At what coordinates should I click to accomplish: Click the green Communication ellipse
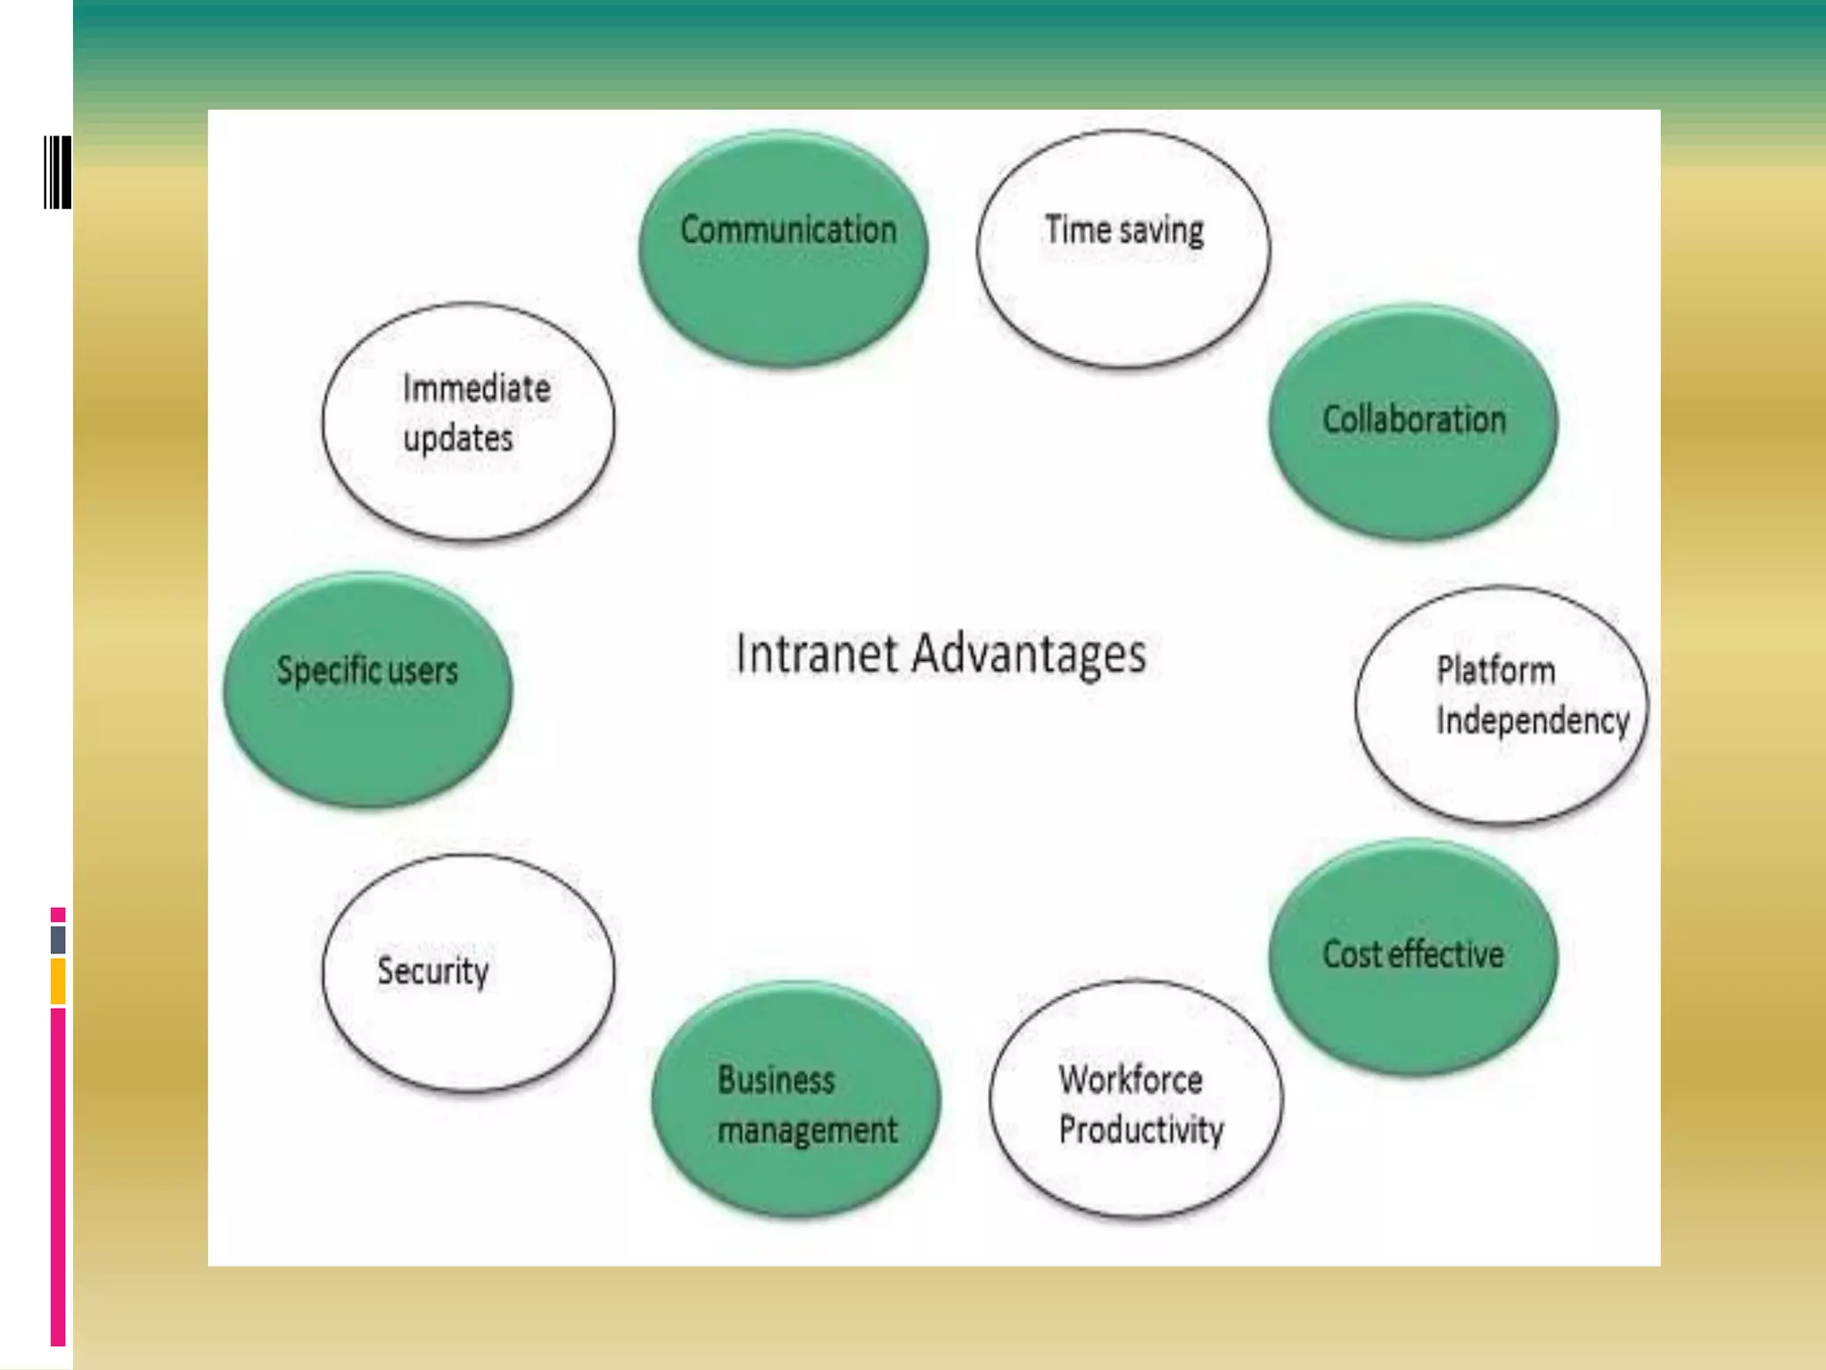click(783, 250)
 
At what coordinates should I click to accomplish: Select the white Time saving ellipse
click(1123, 250)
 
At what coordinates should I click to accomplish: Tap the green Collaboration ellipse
click(1413, 422)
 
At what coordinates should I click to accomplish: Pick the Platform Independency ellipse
click(1501, 705)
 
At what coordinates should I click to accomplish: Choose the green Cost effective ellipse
click(1413, 957)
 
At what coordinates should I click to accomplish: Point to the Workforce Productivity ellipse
click(1136, 1099)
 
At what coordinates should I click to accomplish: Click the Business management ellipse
click(796, 1099)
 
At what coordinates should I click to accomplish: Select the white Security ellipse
click(468, 972)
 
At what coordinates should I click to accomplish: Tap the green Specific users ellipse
click(367, 689)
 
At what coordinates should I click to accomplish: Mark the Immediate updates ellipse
click(468, 421)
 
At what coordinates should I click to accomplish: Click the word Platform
click(1495, 671)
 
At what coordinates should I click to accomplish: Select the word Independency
click(1532, 721)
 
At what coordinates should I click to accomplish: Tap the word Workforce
click(1131, 1080)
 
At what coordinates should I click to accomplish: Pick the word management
click(807, 1131)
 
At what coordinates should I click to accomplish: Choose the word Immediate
click(476, 389)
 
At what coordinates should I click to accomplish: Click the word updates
click(458, 439)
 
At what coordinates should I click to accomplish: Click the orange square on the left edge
click(58, 981)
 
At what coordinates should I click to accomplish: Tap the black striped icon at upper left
click(58, 172)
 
